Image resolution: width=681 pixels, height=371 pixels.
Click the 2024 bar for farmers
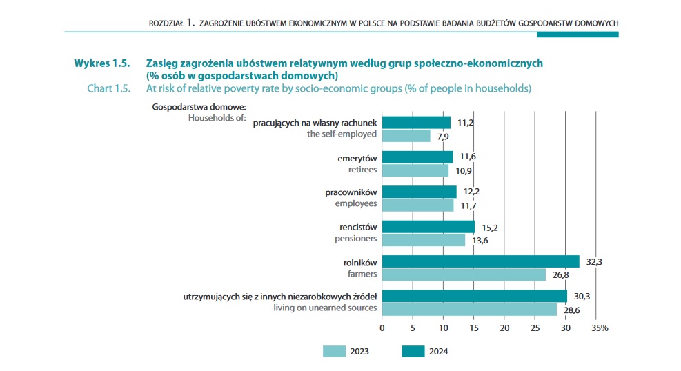pyautogui.click(x=480, y=261)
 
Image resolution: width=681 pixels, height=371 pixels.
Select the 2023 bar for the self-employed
pyautogui.click(x=406, y=136)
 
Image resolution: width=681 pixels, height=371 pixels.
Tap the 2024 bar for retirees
pyautogui.click(x=417, y=157)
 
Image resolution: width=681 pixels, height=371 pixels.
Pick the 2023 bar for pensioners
pyautogui.click(x=423, y=239)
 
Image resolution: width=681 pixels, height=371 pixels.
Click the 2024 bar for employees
pyautogui.click(x=419, y=192)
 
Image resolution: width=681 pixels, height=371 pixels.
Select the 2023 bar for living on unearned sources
pyautogui.click(x=469, y=310)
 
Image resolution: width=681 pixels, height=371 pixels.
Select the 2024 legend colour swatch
pyautogui.click(x=413, y=352)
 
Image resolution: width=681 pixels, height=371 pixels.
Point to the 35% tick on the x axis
pyautogui.click(x=599, y=328)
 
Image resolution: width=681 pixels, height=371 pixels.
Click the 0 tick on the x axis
pyautogui.click(x=382, y=328)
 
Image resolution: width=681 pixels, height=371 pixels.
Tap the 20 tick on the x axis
pyautogui.click(x=504, y=328)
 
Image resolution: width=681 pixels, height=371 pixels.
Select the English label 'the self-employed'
pyautogui.click(x=342, y=135)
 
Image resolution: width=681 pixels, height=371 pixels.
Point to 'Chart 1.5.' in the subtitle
pyautogui.click(x=109, y=88)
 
